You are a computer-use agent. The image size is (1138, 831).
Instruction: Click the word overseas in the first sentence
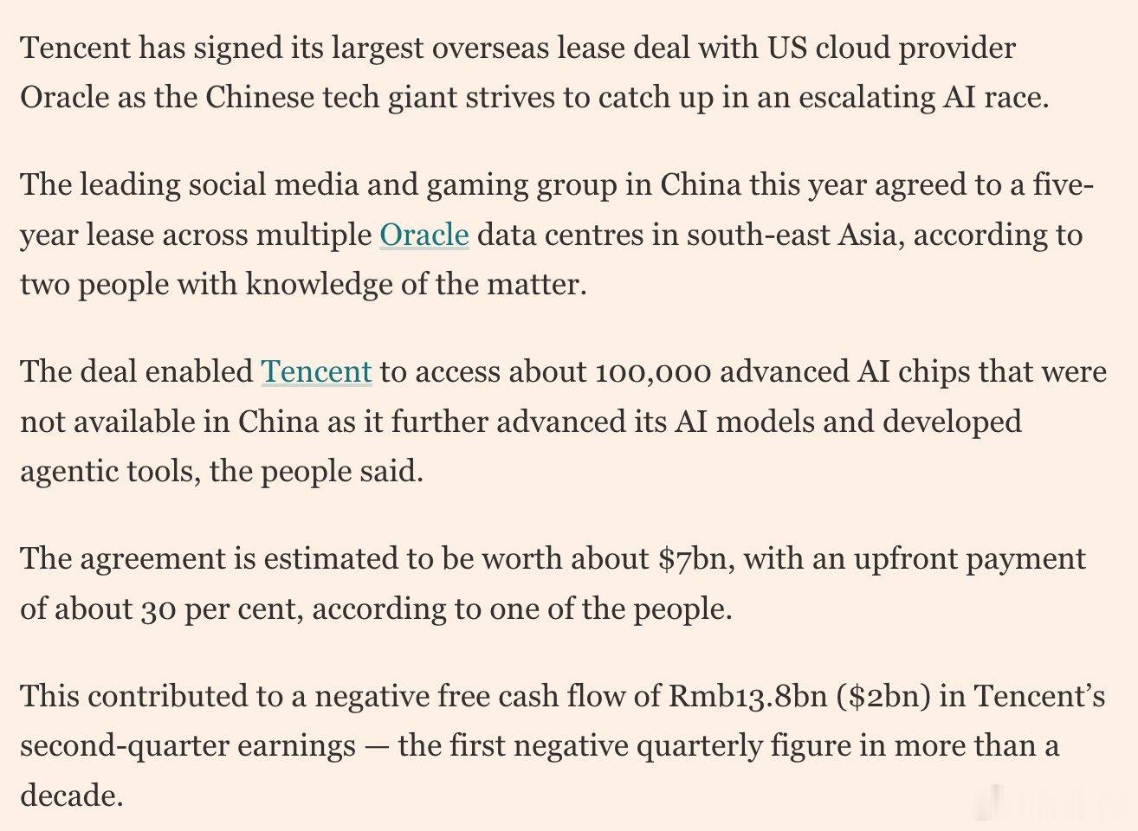[490, 48]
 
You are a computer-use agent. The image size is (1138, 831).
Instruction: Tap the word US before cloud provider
[787, 48]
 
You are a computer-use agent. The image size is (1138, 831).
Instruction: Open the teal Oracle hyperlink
[424, 235]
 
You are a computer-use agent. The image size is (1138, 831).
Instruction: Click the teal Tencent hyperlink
[316, 371]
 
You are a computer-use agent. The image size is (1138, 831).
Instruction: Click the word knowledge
[319, 284]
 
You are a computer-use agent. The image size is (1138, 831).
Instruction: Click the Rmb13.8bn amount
[748, 696]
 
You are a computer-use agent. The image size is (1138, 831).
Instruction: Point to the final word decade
[72, 796]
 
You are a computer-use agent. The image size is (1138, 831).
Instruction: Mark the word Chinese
[260, 98]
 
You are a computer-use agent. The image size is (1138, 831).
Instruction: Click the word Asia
[872, 235]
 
